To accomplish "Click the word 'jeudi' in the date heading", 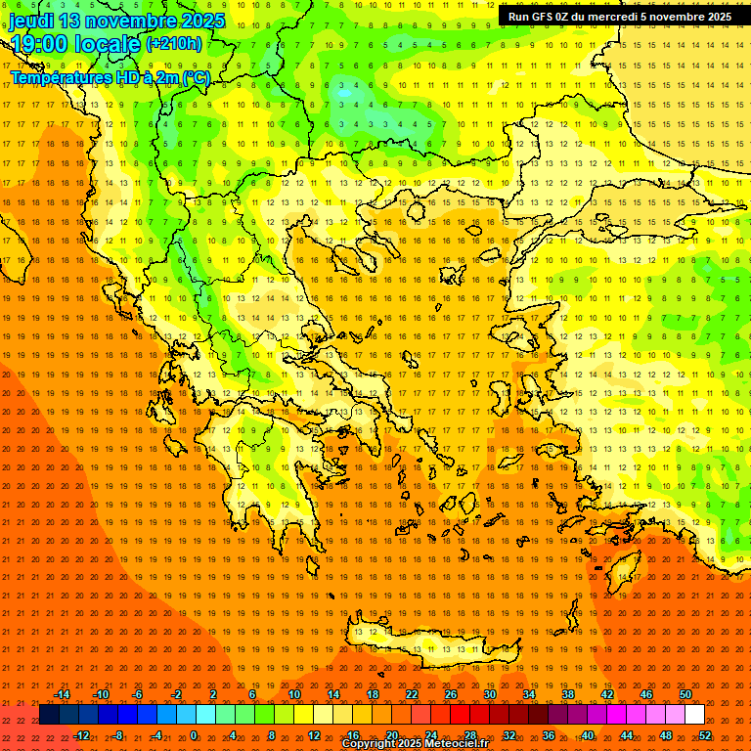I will pos(33,21).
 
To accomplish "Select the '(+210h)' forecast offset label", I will pos(174,43).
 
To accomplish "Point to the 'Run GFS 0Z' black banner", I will pos(619,17).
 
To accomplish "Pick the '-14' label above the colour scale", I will pos(62,694).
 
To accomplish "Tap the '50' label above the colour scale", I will pos(685,694).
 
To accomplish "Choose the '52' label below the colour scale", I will pos(705,735).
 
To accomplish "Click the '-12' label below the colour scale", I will pos(81,735).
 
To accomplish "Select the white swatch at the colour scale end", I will pos(694,715).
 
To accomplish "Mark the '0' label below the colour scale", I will pos(194,735).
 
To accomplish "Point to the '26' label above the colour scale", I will pos(451,694).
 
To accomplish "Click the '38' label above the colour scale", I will pos(568,694).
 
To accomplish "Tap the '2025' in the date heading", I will pos(202,21).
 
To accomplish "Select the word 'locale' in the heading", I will pos(111,44).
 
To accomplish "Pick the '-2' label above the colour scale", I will pos(177,694).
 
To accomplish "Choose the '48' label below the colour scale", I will pos(666,735).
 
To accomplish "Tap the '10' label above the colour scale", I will pos(294,694).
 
